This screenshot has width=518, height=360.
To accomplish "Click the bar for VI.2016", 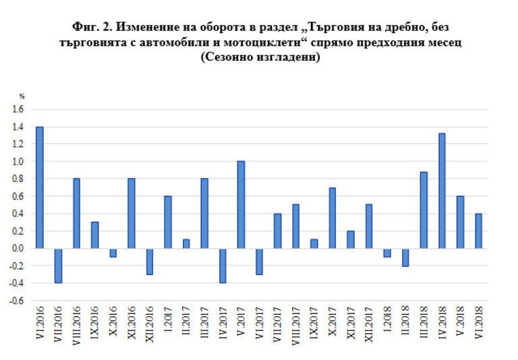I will (x=39, y=187).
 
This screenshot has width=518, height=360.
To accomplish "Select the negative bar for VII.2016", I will (x=58, y=265).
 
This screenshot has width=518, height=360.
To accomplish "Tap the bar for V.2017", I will (x=241, y=205).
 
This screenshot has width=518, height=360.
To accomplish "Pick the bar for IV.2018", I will (x=442, y=191).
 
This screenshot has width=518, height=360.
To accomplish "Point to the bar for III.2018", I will (x=424, y=210).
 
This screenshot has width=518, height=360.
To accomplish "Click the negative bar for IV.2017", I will (x=223, y=265).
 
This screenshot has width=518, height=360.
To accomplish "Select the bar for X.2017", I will (x=332, y=218).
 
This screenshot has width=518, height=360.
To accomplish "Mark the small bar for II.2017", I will (x=186, y=243).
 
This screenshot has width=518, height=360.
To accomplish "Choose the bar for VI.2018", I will (x=478, y=231).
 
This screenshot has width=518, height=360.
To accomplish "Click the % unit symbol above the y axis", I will (x=22, y=96).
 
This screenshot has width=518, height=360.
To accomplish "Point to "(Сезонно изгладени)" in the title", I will (x=259, y=57).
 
